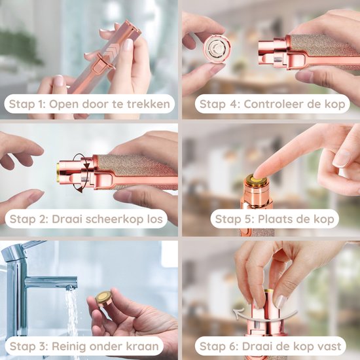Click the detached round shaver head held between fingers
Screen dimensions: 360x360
pos(217,48)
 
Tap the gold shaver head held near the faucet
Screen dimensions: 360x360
pos(104,298)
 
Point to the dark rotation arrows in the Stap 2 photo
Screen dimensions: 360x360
pos(82,173)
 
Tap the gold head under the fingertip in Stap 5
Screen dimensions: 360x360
pos(257,180)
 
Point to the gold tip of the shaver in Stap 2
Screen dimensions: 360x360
pos(58,172)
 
